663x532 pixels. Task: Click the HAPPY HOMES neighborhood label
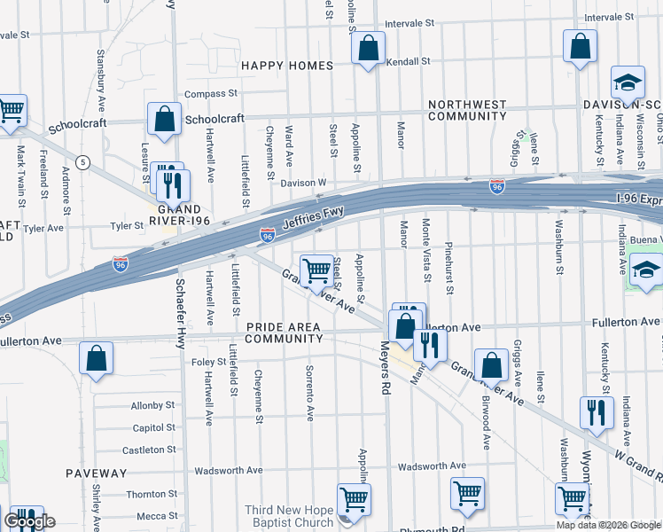287,66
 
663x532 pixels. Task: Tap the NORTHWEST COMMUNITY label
467,110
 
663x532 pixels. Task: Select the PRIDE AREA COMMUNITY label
283,333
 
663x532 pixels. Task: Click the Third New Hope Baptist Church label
290,518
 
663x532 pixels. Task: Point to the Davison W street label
304,184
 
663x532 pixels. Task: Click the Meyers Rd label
386,367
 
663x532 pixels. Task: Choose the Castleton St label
150,450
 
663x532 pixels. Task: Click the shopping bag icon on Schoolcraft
164,120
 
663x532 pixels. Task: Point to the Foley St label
209,362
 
